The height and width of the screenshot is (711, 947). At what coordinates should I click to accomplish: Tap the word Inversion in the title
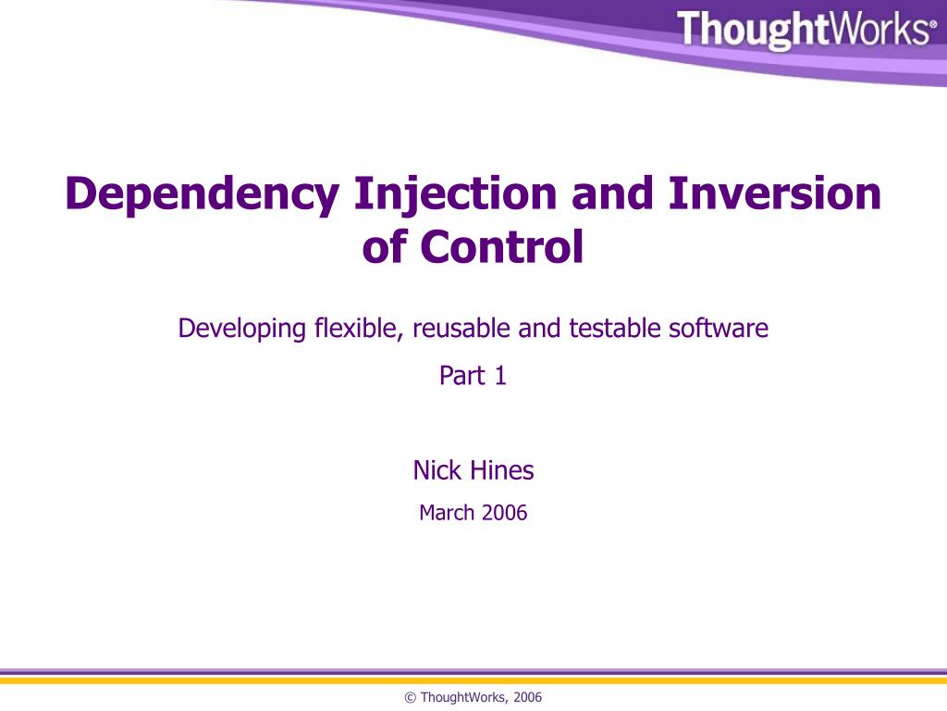(775, 193)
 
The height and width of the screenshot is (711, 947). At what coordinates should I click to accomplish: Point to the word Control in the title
(502, 247)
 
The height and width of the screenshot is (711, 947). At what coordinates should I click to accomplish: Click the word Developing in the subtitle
(241, 329)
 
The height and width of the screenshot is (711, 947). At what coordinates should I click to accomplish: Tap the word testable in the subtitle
(609, 329)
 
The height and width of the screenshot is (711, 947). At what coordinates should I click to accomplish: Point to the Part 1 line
(473, 377)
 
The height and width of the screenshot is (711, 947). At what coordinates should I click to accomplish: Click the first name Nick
(437, 471)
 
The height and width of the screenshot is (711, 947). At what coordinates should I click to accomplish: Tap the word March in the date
(446, 513)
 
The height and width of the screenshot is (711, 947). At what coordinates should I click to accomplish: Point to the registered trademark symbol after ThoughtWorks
(932, 25)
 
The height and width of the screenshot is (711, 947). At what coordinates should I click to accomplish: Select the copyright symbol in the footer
(411, 698)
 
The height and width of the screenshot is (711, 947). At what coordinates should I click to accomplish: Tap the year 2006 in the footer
(528, 698)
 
